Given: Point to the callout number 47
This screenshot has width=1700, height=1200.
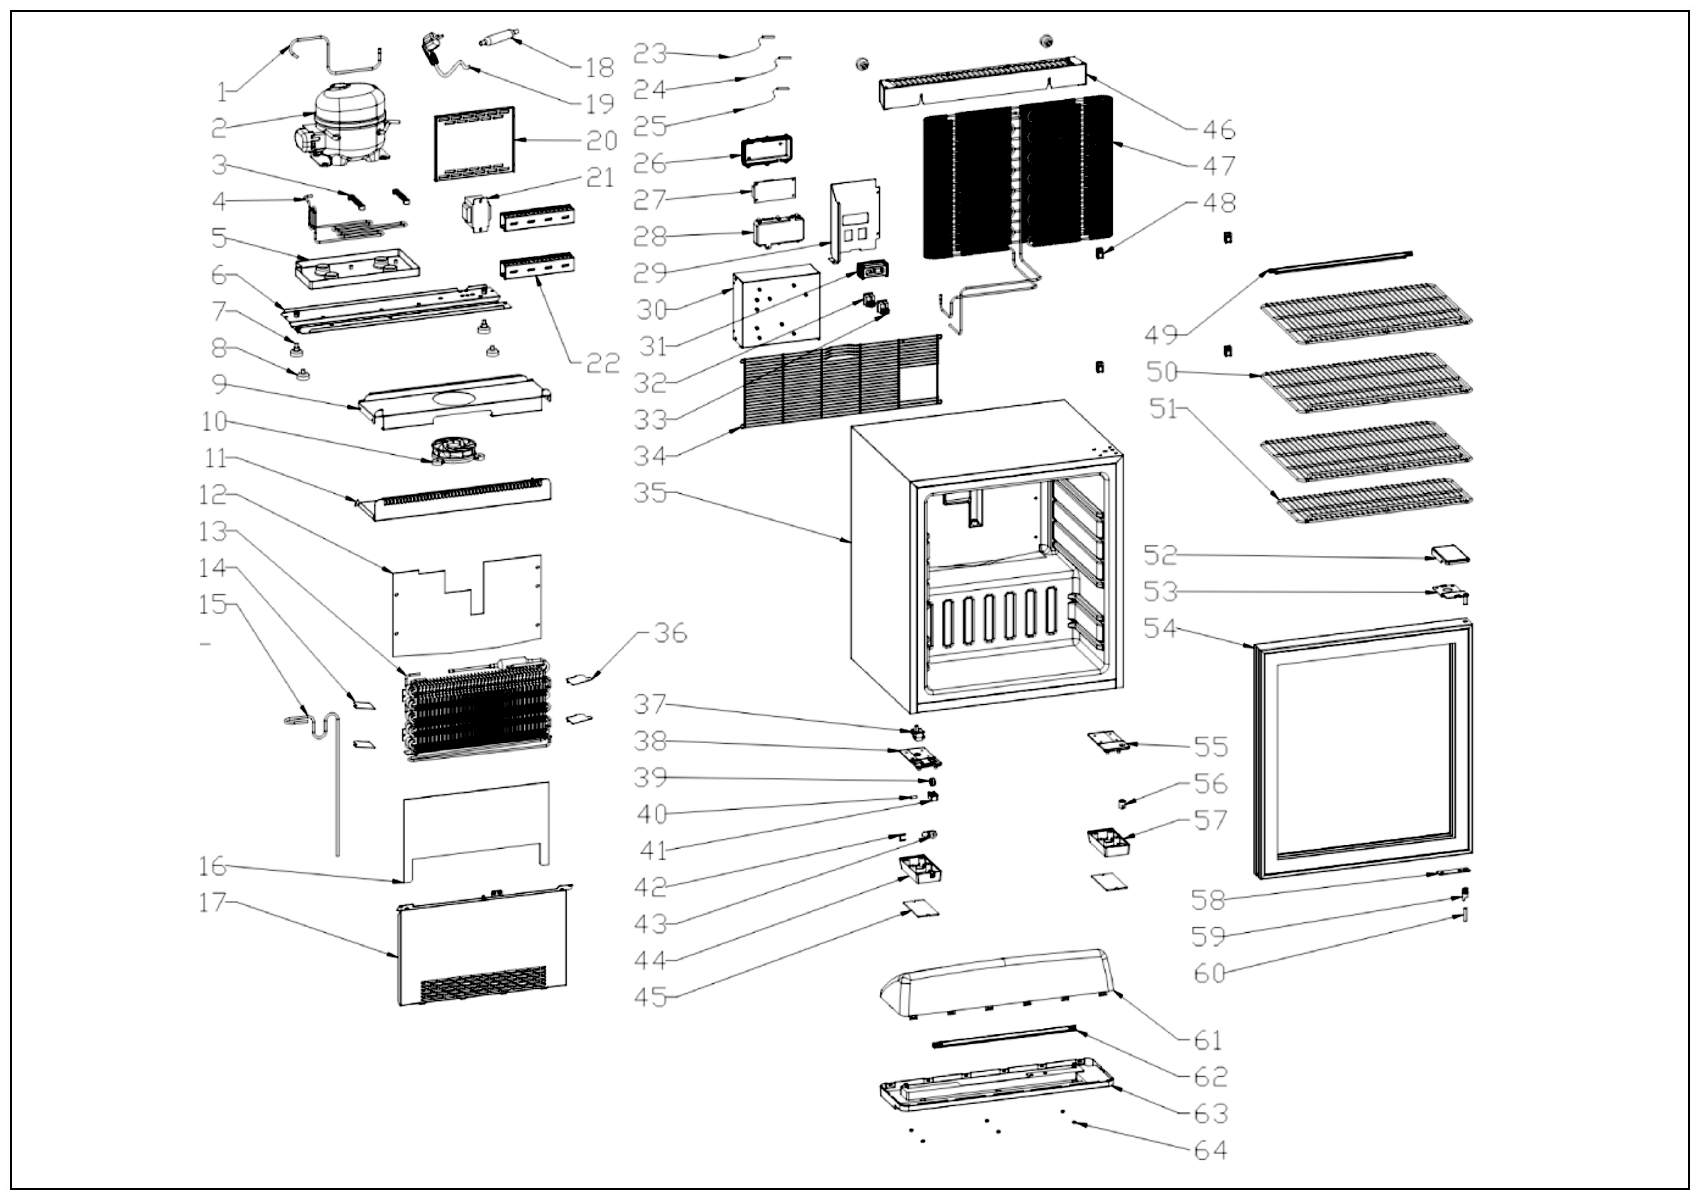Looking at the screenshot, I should point(1219,165).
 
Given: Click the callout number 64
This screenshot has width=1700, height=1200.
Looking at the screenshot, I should point(1210,1150).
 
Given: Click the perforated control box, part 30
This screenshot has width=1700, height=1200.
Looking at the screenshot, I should point(776,307).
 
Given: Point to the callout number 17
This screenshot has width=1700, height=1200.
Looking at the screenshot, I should point(212,902).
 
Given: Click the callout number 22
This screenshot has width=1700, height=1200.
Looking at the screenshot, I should point(602,363).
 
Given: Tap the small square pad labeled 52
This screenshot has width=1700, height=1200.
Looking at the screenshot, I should point(1449,555).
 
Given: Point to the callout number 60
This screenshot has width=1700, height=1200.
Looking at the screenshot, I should point(1210,973).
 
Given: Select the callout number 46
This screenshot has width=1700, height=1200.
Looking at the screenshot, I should point(1219,130).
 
